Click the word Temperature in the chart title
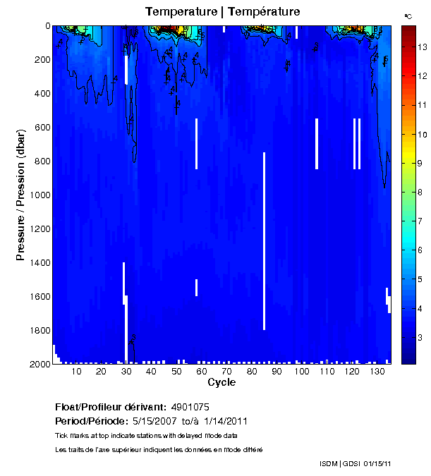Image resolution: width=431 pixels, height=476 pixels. (x=180, y=11)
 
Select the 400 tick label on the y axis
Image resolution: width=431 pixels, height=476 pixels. (x=41, y=93)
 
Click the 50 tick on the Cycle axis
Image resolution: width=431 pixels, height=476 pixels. (x=176, y=372)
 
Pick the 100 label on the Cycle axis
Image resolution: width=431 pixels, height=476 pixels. (x=301, y=372)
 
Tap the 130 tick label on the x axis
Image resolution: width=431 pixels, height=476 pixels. (x=377, y=372)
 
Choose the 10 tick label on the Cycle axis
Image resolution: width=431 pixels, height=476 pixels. (x=76, y=372)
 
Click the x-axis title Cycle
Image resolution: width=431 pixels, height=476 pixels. (x=221, y=383)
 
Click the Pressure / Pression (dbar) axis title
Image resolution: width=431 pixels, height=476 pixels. (x=21, y=195)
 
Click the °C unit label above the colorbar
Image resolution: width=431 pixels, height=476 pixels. (x=408, y=15)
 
